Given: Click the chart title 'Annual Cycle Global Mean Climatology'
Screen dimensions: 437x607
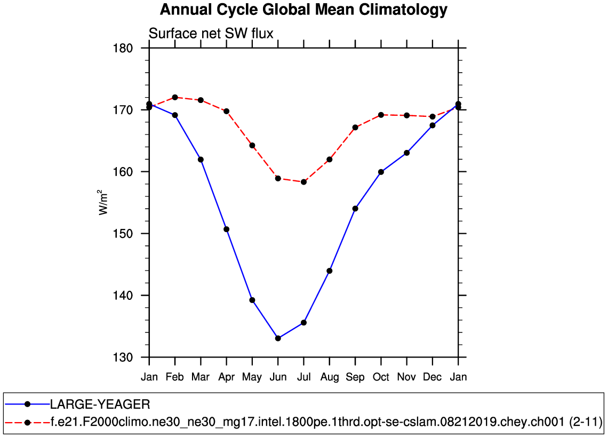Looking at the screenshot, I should coord(303,10).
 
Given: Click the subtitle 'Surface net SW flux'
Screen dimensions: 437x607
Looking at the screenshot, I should coord(211,34).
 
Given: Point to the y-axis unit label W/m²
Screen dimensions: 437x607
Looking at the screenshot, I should coord(104,202).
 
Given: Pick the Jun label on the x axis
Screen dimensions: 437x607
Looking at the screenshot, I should coord(278,377).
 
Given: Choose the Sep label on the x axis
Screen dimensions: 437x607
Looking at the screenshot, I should coord(355,377).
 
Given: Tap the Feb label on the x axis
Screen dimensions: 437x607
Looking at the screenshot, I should coord(175,377).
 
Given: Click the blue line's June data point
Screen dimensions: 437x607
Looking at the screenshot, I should coord(278,338).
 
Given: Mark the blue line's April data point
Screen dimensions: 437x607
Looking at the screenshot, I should coord(226,229).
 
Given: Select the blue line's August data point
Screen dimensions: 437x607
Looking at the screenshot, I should coord(330,271).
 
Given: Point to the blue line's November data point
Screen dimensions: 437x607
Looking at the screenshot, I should coord(407,153).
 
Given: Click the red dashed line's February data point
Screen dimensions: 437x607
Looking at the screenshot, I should coord(175,97).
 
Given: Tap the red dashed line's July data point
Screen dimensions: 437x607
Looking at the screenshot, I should coord(303,182).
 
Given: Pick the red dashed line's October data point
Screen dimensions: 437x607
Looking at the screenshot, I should coord(381,115).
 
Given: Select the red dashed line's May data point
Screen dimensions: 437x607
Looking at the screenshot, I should coord(252,146).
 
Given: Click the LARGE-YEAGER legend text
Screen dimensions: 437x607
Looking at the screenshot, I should coord(100,403).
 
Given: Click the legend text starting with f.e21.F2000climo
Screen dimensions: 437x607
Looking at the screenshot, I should coord(326,423).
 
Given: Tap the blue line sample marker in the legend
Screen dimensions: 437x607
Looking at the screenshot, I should coord(27,403).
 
